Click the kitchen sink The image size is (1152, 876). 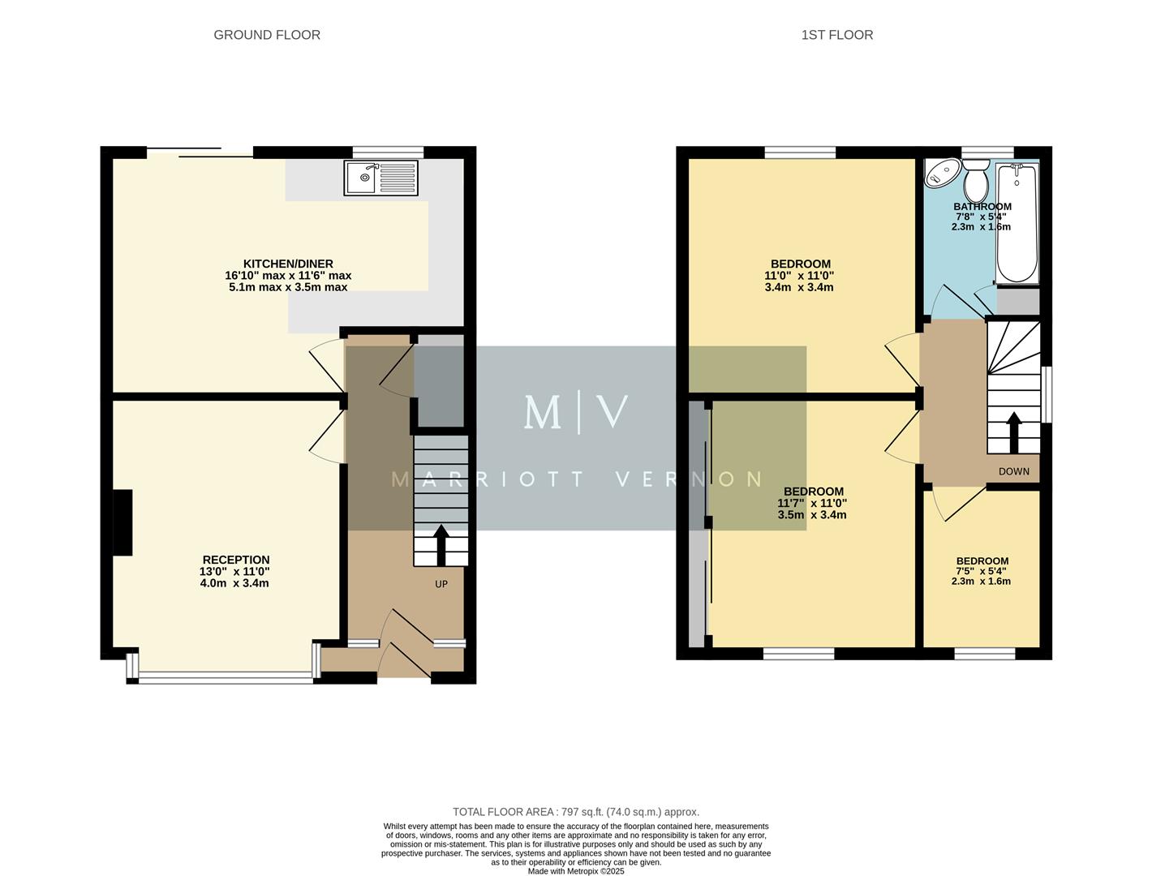380,178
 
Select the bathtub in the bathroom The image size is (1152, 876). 1016,222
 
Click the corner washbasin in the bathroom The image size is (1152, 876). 940,172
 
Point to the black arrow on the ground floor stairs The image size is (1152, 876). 441,544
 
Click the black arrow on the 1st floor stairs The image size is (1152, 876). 1013,432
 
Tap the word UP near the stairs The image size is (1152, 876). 441,584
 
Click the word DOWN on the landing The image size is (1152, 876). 1013,471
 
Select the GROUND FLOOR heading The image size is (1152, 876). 267,35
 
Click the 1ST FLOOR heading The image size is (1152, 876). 836,35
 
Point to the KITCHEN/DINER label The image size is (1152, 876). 288,264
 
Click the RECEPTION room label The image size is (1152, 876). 235,560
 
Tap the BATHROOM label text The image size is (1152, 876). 982,207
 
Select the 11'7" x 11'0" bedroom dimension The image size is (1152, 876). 812,503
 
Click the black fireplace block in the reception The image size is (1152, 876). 123,522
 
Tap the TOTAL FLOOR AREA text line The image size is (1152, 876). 575,812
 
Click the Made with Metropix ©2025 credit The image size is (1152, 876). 575,871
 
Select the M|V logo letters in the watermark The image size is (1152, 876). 575,412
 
